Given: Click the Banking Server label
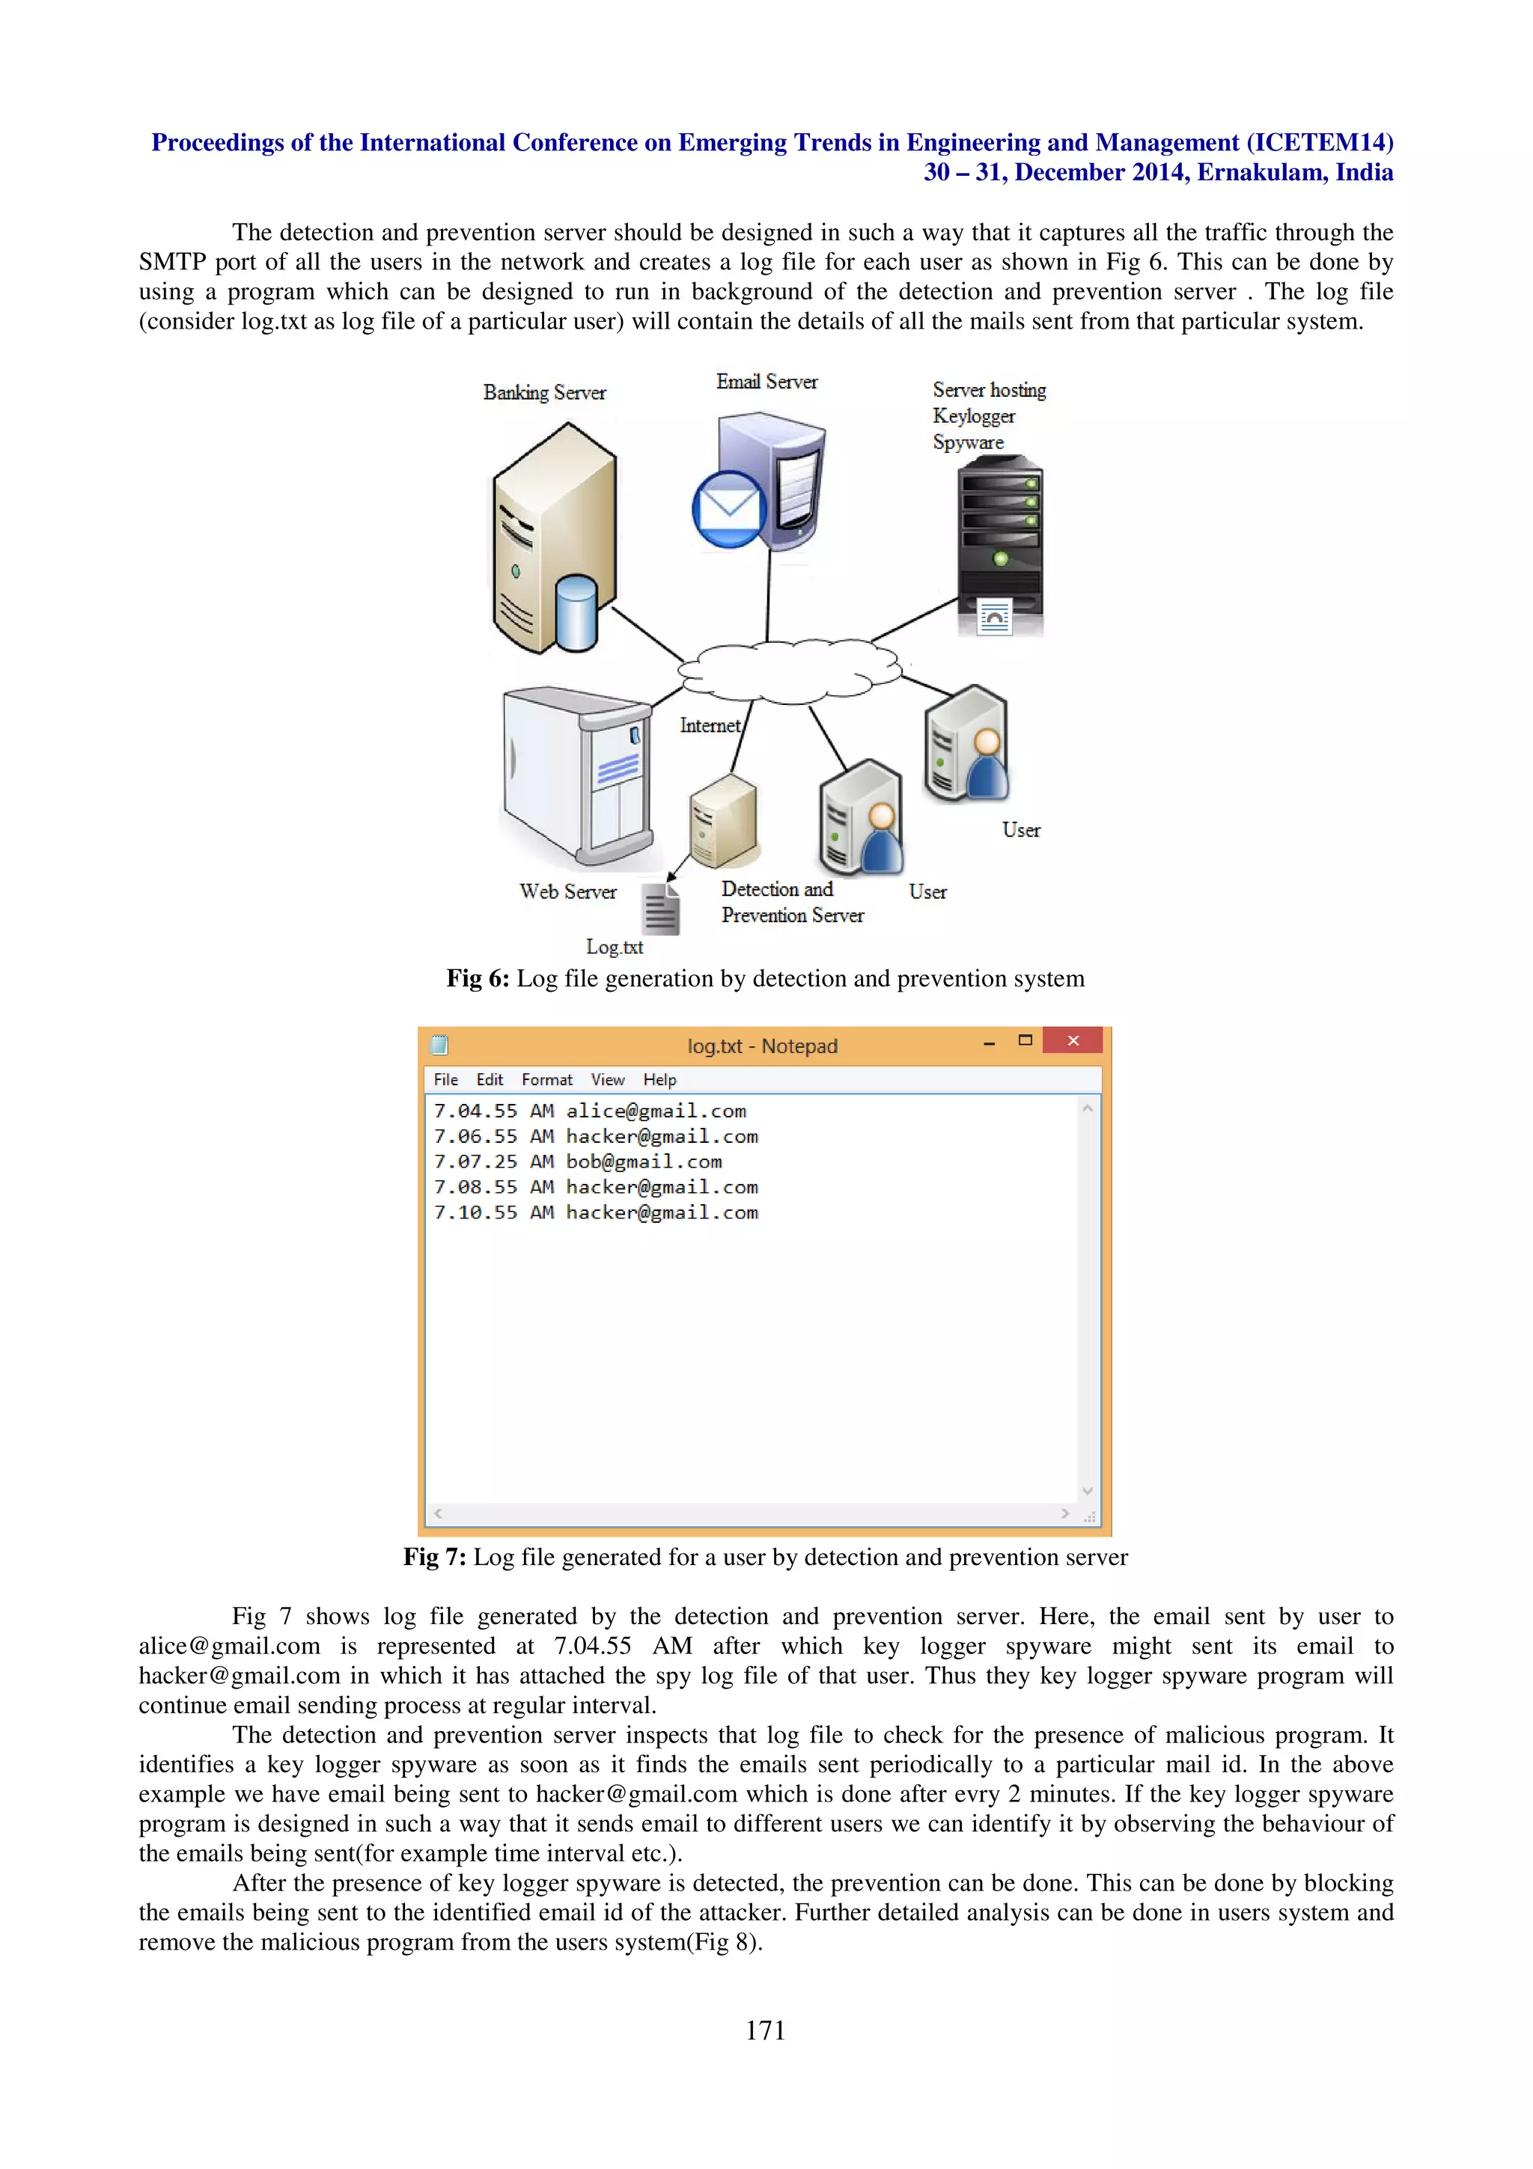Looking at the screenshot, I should [x=544, y=392].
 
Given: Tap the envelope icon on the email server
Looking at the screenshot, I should [x=728, y=507].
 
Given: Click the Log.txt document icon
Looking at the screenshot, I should [x=660, y=908].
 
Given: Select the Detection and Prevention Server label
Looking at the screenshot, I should [x=791, y=902].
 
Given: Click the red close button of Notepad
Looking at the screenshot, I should [x=1072, y=1040].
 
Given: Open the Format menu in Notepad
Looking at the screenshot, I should [x=546, y=1080].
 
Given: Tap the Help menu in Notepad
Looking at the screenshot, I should [x=659, y=1080].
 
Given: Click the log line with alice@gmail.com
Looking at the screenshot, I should [x=591, y=1111].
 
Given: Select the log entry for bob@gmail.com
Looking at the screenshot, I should [x=577, y=1162].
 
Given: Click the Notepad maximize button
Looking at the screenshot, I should [x=1025, y=1040].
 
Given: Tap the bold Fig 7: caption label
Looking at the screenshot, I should [x=434, y=1557].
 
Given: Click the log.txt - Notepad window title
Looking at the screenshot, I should [x=762, y=1046].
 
